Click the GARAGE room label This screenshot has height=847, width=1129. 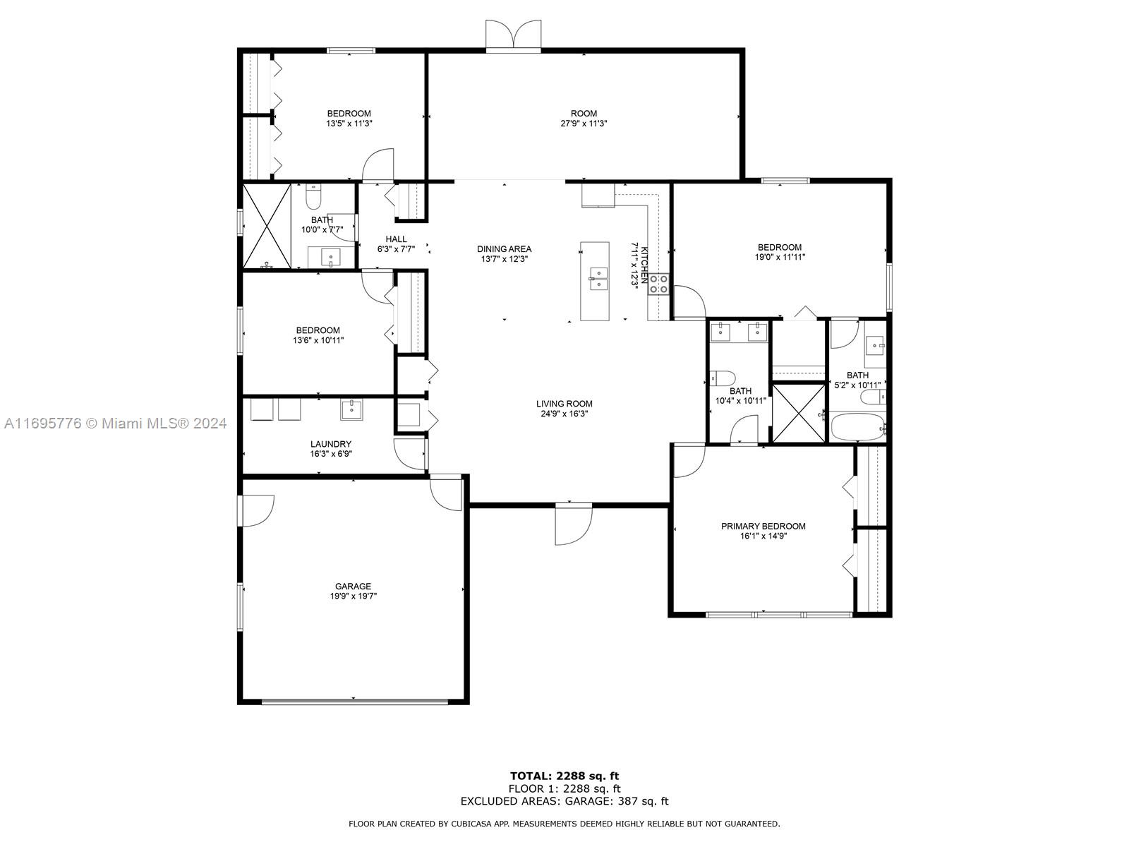point(353,587)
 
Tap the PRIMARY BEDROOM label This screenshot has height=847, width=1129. point(763,526)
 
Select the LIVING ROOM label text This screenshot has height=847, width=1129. point(564,404)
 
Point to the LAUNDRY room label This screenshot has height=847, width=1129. point(331,444)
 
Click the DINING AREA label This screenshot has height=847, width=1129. point(504,249)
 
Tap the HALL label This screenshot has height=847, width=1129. point(396,239)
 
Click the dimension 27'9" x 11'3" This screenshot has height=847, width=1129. point(584,124)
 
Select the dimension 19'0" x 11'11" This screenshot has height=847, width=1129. point(780,257)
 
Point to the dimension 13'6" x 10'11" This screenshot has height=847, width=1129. point(318,340)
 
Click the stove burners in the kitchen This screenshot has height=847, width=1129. point(658,284)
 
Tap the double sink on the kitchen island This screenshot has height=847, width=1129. point(598,278)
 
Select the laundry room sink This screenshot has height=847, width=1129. point(351,409)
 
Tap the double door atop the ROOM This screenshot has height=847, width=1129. point(513,36)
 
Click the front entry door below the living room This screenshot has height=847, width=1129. point(574,524)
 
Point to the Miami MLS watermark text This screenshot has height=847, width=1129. point(115,423)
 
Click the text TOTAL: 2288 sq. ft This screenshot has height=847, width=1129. point(564,776)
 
